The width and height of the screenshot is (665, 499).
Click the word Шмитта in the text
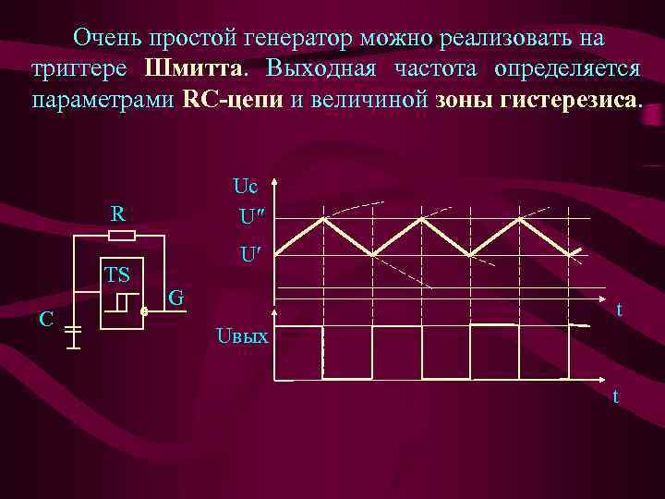tap(196, 69)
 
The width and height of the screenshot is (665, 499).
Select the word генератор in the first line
tap(292, 39)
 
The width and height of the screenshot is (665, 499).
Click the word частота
tap(439, 69)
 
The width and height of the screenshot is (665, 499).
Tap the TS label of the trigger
tap(116, 274)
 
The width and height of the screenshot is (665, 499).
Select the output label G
tap(177, 298)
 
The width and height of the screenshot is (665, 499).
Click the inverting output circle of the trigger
tap(143, 312)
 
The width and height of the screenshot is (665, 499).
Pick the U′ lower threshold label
tap(248, 253)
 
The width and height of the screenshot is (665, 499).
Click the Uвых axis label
tap(241, 336)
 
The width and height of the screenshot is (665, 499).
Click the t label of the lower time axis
tap(614, 396)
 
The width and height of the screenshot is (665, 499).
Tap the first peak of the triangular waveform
tap(323, 219)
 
